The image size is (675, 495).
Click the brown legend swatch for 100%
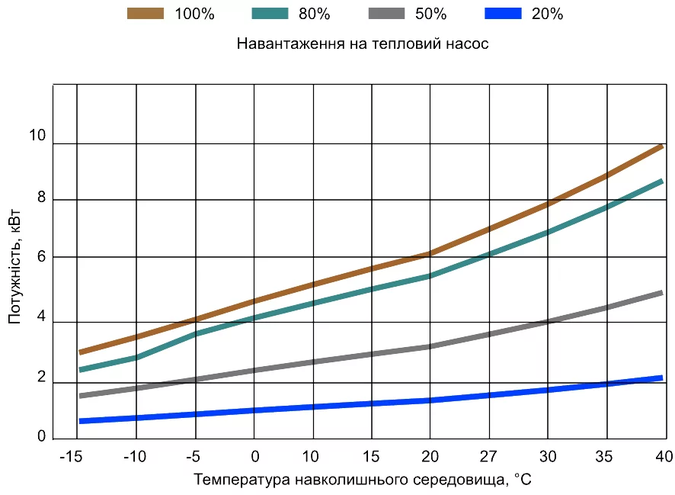(146, 13)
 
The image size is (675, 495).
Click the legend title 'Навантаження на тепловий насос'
(362, 43)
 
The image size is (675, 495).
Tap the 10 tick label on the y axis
(37, 137)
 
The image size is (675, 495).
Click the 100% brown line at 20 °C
(430, 254)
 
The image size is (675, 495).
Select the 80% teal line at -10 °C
(136, 357)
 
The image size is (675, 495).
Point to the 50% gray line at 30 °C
(548, 322)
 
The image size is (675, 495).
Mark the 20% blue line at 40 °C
(660, 378)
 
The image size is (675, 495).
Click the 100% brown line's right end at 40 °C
(660, 146)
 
